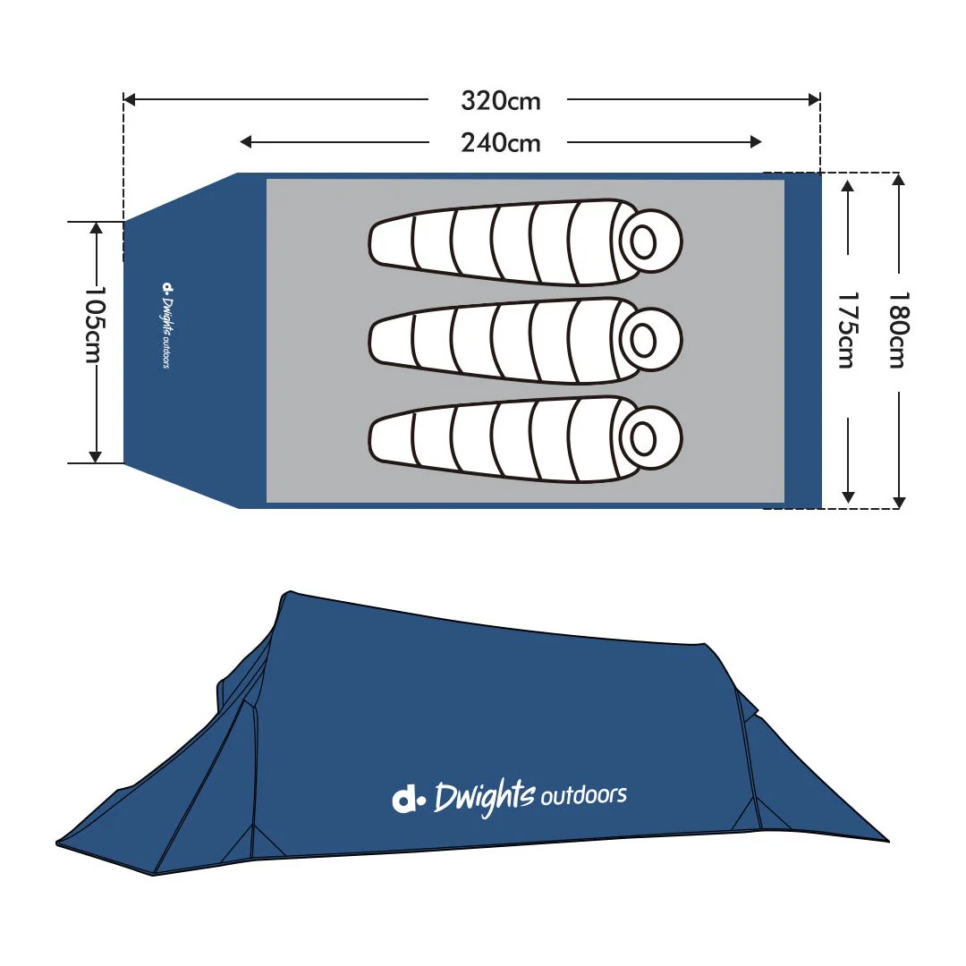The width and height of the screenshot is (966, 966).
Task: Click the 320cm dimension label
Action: (x=501, y=101)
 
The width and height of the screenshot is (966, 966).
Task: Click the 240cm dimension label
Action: (x=501, y=142)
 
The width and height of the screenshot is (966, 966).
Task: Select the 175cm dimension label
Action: (x=846, y=330)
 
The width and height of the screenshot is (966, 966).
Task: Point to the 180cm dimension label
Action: (x=898, y=330)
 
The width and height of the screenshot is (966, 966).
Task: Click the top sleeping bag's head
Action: (x=644, y=241)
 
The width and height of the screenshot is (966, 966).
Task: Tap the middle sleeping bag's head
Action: (x=644, y=339)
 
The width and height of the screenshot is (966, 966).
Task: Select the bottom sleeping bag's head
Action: (x=644, y=437)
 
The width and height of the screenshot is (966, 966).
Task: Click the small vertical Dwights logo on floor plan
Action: (x=166, y=326)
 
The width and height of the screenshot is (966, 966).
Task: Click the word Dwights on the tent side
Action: (x=484, y=797)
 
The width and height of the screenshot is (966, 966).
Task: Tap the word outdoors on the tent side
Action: (x=582, y=794)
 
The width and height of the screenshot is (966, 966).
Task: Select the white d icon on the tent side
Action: (x=408, y=799)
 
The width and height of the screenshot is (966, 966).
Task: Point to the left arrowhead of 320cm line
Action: (x=129, y=100)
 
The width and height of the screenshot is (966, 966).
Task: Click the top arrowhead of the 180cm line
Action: (x=899, y=179)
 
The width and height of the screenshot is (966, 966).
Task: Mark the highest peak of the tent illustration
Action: (x=288, y=592)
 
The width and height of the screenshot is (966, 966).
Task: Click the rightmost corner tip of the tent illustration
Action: (x=888, y=841)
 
